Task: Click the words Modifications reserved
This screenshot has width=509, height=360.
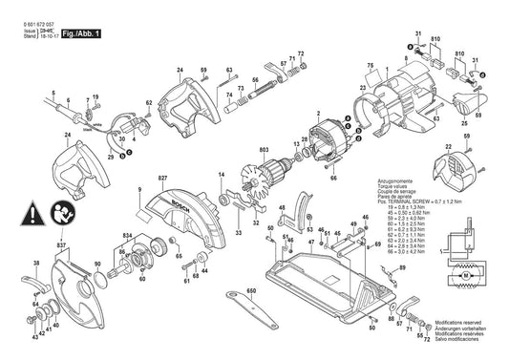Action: coord(462,326)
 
